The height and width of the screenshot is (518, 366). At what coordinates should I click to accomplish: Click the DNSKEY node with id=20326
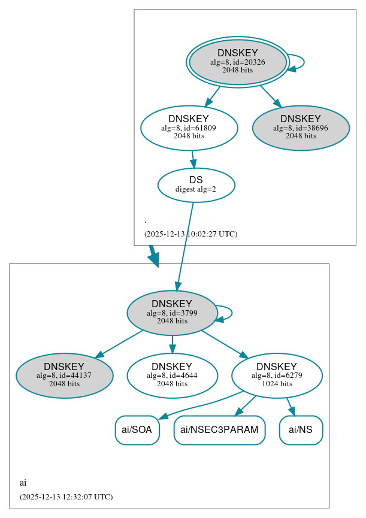pyautogui.click(x=237, y=62)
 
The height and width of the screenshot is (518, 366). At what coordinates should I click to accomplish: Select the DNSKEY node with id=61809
pyautogui.click(x=189, y=128)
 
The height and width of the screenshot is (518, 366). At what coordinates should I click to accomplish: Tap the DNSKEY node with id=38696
pyautogui.click(x=301, y=128)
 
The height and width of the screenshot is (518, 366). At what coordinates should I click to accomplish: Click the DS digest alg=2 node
pyautogui.click(x=196, y=185)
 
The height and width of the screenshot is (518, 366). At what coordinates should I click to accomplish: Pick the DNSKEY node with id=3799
pyautogui.click(x=172, y=313)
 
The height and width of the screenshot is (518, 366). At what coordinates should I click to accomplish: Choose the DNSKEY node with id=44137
pyautogui.click(x=64, y=375)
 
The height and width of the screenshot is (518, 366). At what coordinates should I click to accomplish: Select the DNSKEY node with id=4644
pyautogui.click(x=172, y=375)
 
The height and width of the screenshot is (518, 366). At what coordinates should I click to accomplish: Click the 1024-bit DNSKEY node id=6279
pyautogui.click(x=277, y=375)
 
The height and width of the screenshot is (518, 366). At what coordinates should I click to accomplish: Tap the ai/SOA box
pyautogui.click(x=137, y=430)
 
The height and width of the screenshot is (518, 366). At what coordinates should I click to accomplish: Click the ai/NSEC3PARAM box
pyautogui.click(x=219, y=430)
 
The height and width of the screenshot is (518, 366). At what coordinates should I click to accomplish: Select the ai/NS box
pyautogui.click(x=301, y=430)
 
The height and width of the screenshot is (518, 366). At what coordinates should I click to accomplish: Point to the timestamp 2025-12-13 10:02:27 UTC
pyautogui.click(x=190, y=234)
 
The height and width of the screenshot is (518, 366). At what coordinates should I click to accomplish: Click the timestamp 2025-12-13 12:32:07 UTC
pyautogui.click(x=66, y=496)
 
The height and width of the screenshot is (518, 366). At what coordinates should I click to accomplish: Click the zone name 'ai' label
pyautogui.click(x=23, y=482)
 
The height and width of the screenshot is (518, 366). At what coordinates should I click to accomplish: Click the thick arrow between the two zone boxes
pyautogui.click(x=153, y=255)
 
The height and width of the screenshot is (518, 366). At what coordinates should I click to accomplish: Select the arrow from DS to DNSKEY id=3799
pyautogui.click(x=184, y=246)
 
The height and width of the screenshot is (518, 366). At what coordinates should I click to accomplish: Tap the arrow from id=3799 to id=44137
pyautogui.click(x=119, y=344)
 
